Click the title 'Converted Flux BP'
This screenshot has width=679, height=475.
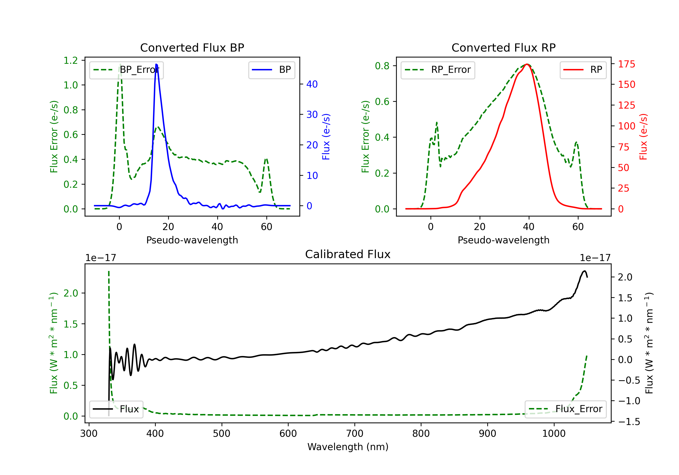192,47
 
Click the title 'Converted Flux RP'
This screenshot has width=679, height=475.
503,47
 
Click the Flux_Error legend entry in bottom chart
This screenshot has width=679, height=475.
565,409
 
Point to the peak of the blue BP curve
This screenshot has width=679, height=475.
156,64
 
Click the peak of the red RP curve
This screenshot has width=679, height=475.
527,64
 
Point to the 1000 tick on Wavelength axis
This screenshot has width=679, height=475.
554,434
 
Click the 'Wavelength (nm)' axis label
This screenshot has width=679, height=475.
348,447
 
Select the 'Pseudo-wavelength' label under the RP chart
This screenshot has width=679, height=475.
503,240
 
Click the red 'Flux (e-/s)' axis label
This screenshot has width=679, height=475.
643,137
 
